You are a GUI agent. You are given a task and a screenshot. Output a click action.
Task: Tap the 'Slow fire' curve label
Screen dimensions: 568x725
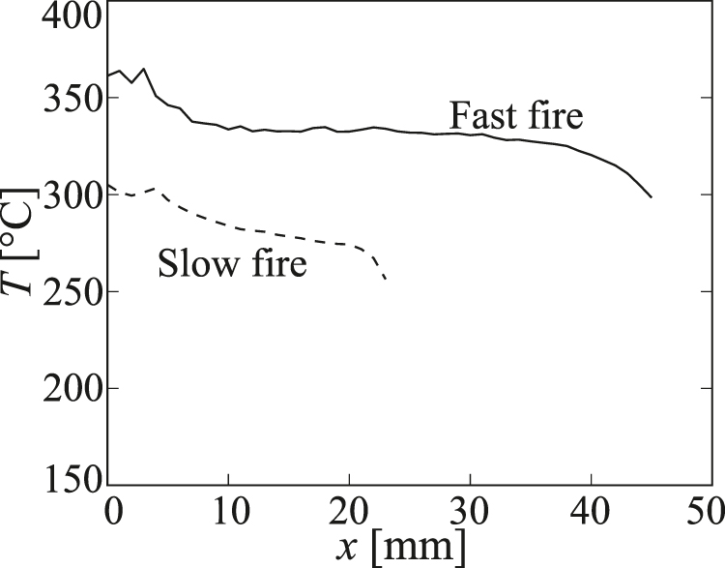[x=232, y=263]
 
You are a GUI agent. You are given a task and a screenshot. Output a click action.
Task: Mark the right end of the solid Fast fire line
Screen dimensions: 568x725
[x=652, y=197]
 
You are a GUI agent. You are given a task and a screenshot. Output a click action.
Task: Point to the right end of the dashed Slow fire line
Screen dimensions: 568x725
[x=386, y=280]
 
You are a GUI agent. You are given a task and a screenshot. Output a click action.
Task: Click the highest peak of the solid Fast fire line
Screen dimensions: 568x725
[x=144, y=69]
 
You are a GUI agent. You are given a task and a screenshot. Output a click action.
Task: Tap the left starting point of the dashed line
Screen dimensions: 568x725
[x=109, y=185]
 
